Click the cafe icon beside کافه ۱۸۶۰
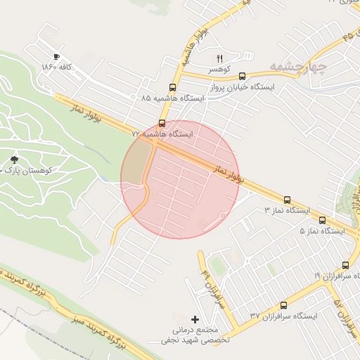[x=56, y=57]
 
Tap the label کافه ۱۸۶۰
[x=58, y=67]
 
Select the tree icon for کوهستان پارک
[x=15, y=160]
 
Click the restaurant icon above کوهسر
[x=220, y=58]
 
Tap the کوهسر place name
[x=221, y=70]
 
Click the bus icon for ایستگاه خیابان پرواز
[x=242, y=76]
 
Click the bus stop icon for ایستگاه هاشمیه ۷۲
[x=163, y=122]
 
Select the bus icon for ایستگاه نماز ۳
[x=287, y=200]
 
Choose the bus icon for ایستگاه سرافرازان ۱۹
[x=345, y=265]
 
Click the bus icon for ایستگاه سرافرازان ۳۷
[x=283, y=305]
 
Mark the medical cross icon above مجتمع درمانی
[x=195, y=319]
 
